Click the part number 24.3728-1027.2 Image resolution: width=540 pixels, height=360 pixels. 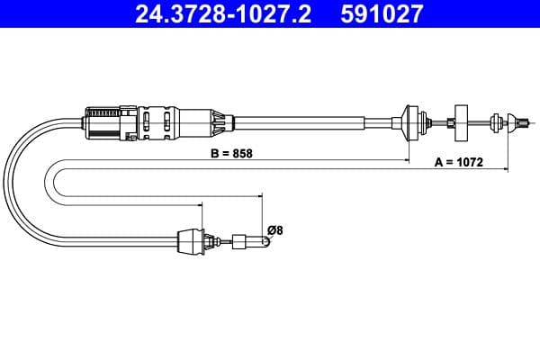click(x=223, y=13)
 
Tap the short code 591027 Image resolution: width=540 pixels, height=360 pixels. click(x=382, y=13)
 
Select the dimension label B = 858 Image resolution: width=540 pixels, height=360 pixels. click(x=231, y=153)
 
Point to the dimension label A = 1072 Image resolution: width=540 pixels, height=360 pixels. click(x=459, y=162)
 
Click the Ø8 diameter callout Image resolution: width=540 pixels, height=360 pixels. click(x=274, y=229)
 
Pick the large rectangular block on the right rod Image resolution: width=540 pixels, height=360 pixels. click(x=461, y=123)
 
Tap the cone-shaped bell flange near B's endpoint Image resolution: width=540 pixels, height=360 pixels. click(x=411, y=123)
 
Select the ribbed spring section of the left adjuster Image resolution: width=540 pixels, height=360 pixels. click(x=103, y=112)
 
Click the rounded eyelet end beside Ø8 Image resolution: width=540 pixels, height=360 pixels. click(x=266, y=241)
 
